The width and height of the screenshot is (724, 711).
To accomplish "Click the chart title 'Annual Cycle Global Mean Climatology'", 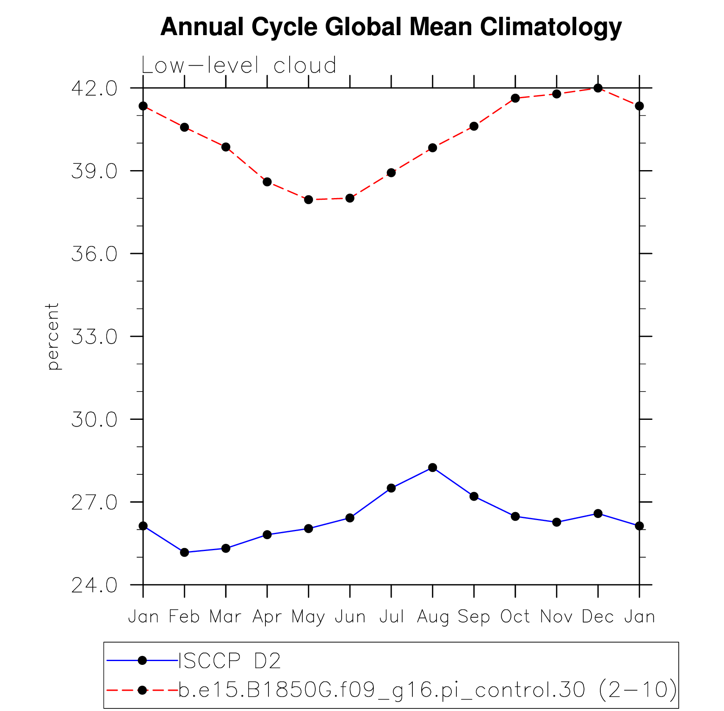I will click(391, 27).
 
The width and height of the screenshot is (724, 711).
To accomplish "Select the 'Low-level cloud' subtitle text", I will click(239, 66).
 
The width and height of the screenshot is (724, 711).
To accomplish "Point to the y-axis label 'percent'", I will click(53, 336).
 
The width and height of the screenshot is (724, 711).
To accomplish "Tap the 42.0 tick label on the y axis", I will click(94, 88).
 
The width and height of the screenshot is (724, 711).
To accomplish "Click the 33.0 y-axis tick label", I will click(94, 337).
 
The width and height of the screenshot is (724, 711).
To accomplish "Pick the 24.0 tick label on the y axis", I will click(94, 585).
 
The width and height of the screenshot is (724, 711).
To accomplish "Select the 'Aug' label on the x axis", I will click(432, 617).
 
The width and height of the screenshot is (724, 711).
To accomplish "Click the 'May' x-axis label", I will click(308, 617).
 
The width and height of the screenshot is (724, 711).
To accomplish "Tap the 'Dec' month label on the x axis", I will click(597, 617).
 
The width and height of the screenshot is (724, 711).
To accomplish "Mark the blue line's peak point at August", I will click(432, 468).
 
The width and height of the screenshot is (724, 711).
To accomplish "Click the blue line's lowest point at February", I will click(184, 552).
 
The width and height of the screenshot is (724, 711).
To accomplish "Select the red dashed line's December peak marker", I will click(598, 88).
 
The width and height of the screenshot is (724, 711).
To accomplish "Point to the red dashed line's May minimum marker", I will click(308, 200).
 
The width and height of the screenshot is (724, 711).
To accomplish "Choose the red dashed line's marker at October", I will click(515, 98).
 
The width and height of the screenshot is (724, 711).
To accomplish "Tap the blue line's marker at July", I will click(391, 488).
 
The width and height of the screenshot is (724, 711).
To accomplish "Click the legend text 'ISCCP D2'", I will click(229, 661).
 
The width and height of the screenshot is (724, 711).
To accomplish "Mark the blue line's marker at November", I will click(557, 522).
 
